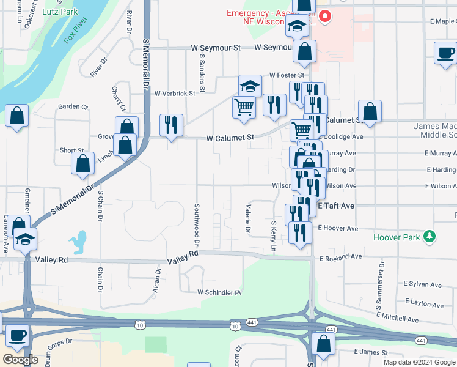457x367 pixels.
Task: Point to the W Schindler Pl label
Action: coord(219,292)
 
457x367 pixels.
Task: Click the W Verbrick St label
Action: coord(175,94)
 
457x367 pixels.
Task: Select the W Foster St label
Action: coord(287,75)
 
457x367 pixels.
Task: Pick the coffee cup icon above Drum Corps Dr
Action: coord(18,335)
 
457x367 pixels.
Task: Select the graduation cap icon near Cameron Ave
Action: coord(25,238)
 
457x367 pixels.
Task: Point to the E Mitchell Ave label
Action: coord(398,317)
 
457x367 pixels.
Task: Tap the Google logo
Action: coord(20,360)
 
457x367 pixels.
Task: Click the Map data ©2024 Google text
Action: coord(419,361)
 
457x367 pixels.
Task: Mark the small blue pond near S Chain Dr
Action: coord(78,242)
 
